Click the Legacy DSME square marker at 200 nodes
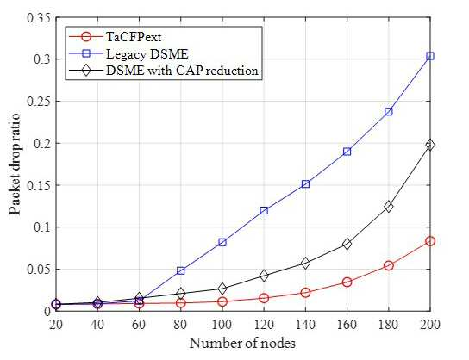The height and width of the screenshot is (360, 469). (430, 56)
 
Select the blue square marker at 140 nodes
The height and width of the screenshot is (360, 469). (305, 184)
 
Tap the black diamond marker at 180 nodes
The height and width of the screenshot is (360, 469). (389, 206)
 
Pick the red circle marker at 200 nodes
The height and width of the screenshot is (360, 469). (430, 241)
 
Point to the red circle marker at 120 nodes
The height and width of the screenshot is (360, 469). (264, 298)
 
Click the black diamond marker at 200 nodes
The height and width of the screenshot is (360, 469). (430, 145)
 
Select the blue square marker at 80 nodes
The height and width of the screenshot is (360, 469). (181, 270)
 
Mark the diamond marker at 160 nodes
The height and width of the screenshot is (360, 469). (347, 244)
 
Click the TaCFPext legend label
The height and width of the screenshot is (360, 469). (134, 37)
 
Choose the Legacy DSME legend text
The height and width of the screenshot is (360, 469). (147, 54)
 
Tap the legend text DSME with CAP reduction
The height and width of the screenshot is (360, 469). (182, 71)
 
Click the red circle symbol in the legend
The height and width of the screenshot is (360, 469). (86, 37)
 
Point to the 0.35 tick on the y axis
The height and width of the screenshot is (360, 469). (39, 18)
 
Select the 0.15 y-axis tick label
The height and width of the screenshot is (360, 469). (39, 185)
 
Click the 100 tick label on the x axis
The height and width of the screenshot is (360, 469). (222, 324)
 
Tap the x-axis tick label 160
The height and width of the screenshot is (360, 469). (347, 324)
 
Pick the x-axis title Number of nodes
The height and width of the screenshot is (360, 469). (242, 344)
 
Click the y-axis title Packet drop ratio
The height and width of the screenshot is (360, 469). (15, 164)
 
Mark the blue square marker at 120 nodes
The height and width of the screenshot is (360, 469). (264, 211)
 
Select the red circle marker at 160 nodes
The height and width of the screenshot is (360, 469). (347, 282)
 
